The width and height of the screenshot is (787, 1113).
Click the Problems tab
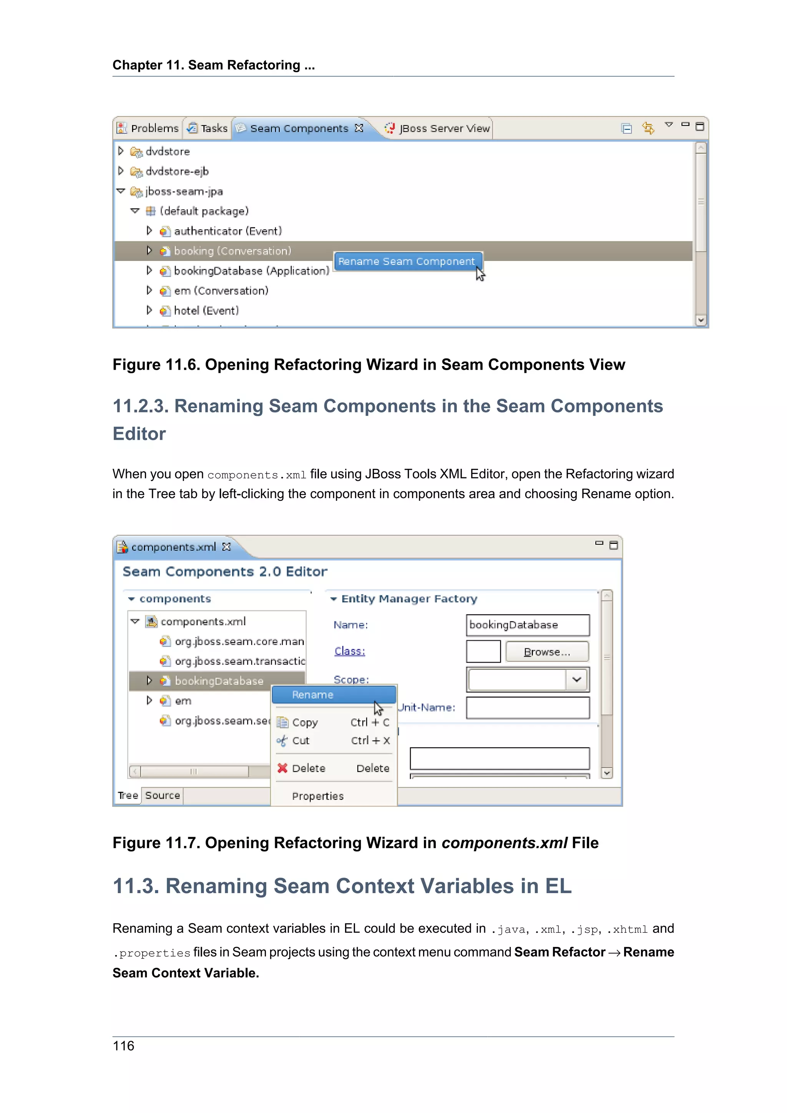tap(149, 128)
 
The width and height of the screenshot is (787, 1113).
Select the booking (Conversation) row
tap(232, 251)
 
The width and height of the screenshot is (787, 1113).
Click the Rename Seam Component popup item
tap(406, 262)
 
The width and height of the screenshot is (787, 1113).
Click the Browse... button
tap(547, 652)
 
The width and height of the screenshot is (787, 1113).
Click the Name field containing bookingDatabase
tap(527, 625)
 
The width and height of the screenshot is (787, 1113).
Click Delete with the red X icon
tap(308, 768)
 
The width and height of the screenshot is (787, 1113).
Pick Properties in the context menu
tap(317, 796)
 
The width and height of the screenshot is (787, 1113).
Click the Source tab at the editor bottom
tap(162, 796)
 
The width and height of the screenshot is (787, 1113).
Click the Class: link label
tap(349, 651)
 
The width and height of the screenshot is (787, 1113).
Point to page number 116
tap(124, 1046)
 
